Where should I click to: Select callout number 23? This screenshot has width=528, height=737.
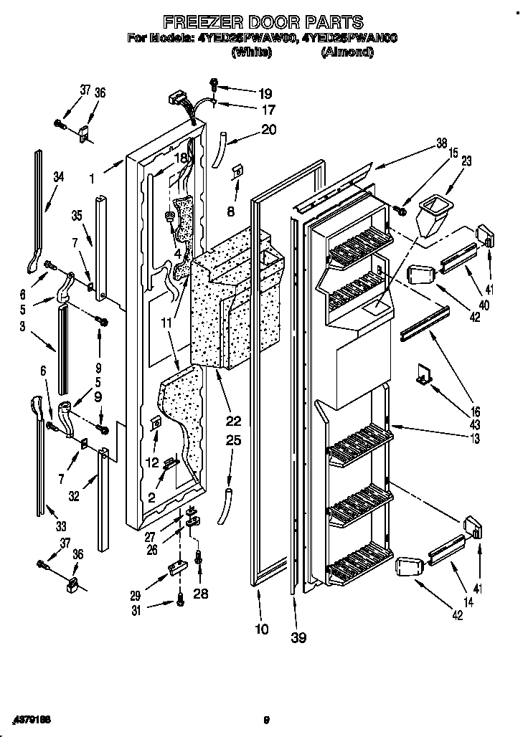[466, 162]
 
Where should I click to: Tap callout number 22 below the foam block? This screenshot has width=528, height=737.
[233, 420]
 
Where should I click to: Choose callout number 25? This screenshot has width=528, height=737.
[233, 441]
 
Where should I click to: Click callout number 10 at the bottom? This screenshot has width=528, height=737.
[262, 629]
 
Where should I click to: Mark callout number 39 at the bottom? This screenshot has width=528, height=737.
[298, 637]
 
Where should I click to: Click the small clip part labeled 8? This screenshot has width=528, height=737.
[237, 172]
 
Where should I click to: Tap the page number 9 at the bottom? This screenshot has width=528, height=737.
[265, 721]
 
